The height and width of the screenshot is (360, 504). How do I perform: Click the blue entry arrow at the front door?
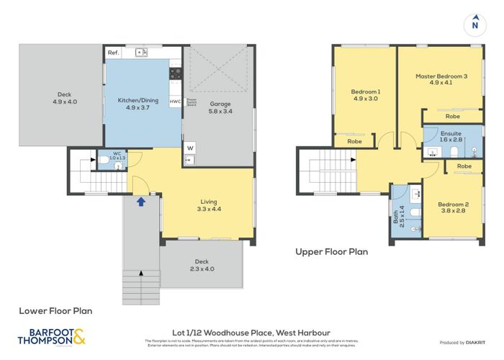click(x=141, y=202)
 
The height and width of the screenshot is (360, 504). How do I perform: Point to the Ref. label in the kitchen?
click(x=113, y=53)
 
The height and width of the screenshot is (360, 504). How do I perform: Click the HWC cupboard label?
click(x=175, y=102)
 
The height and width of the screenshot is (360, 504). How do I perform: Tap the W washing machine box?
click(x=189, y=149)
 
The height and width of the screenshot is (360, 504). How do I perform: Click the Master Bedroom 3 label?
click(x=440, y=76)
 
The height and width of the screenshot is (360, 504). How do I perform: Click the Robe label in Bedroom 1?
click(x=354, y=142)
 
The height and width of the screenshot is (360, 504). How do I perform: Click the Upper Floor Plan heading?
click(x=331, y=252)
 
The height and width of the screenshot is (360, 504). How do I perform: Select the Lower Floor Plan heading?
click(x=55, y=311)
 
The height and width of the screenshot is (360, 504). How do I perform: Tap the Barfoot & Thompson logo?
click(x=55, y=336)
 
